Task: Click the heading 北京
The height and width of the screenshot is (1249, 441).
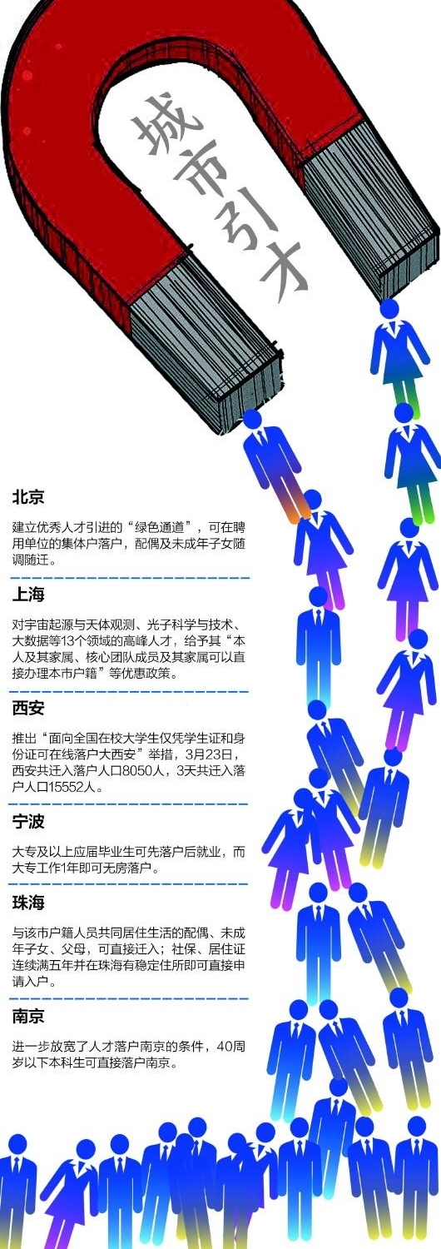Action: coord(28,497)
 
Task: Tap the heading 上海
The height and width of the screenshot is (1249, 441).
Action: coord(28,595)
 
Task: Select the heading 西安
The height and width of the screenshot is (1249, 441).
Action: coord(28,709)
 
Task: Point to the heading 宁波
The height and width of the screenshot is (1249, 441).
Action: coord(28,822)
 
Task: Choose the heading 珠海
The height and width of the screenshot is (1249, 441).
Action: coord(28,903)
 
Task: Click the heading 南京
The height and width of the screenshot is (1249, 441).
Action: coord(28,1017)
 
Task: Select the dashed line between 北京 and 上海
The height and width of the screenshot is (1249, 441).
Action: coord(129,578)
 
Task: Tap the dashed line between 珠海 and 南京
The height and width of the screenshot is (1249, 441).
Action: coord(129,998)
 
